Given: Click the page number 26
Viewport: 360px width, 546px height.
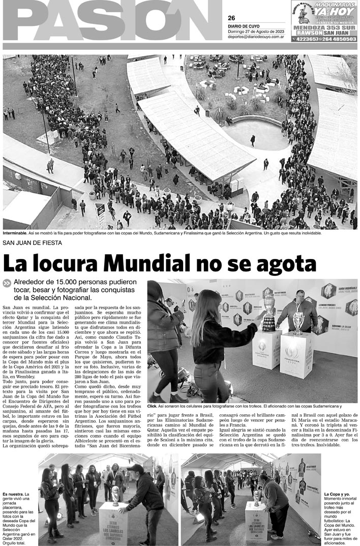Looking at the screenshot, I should click(x=231, y=18).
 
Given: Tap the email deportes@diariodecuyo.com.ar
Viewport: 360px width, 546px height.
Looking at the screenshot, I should click(x=256, y=37).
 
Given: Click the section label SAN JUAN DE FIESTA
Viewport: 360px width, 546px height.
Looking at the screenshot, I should click(x=33, y=243).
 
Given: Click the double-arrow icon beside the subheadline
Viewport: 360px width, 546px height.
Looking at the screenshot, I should click(x=7, y=283).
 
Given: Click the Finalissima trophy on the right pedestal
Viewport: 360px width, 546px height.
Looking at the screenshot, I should click(x=298, y=323).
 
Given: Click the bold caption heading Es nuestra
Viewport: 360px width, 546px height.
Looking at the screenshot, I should click(x=13, y=494).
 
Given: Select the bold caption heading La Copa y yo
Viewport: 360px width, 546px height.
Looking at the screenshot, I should click(x=337, y=494).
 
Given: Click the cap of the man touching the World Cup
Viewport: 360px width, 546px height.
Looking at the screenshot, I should click(x=135, y=468).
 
